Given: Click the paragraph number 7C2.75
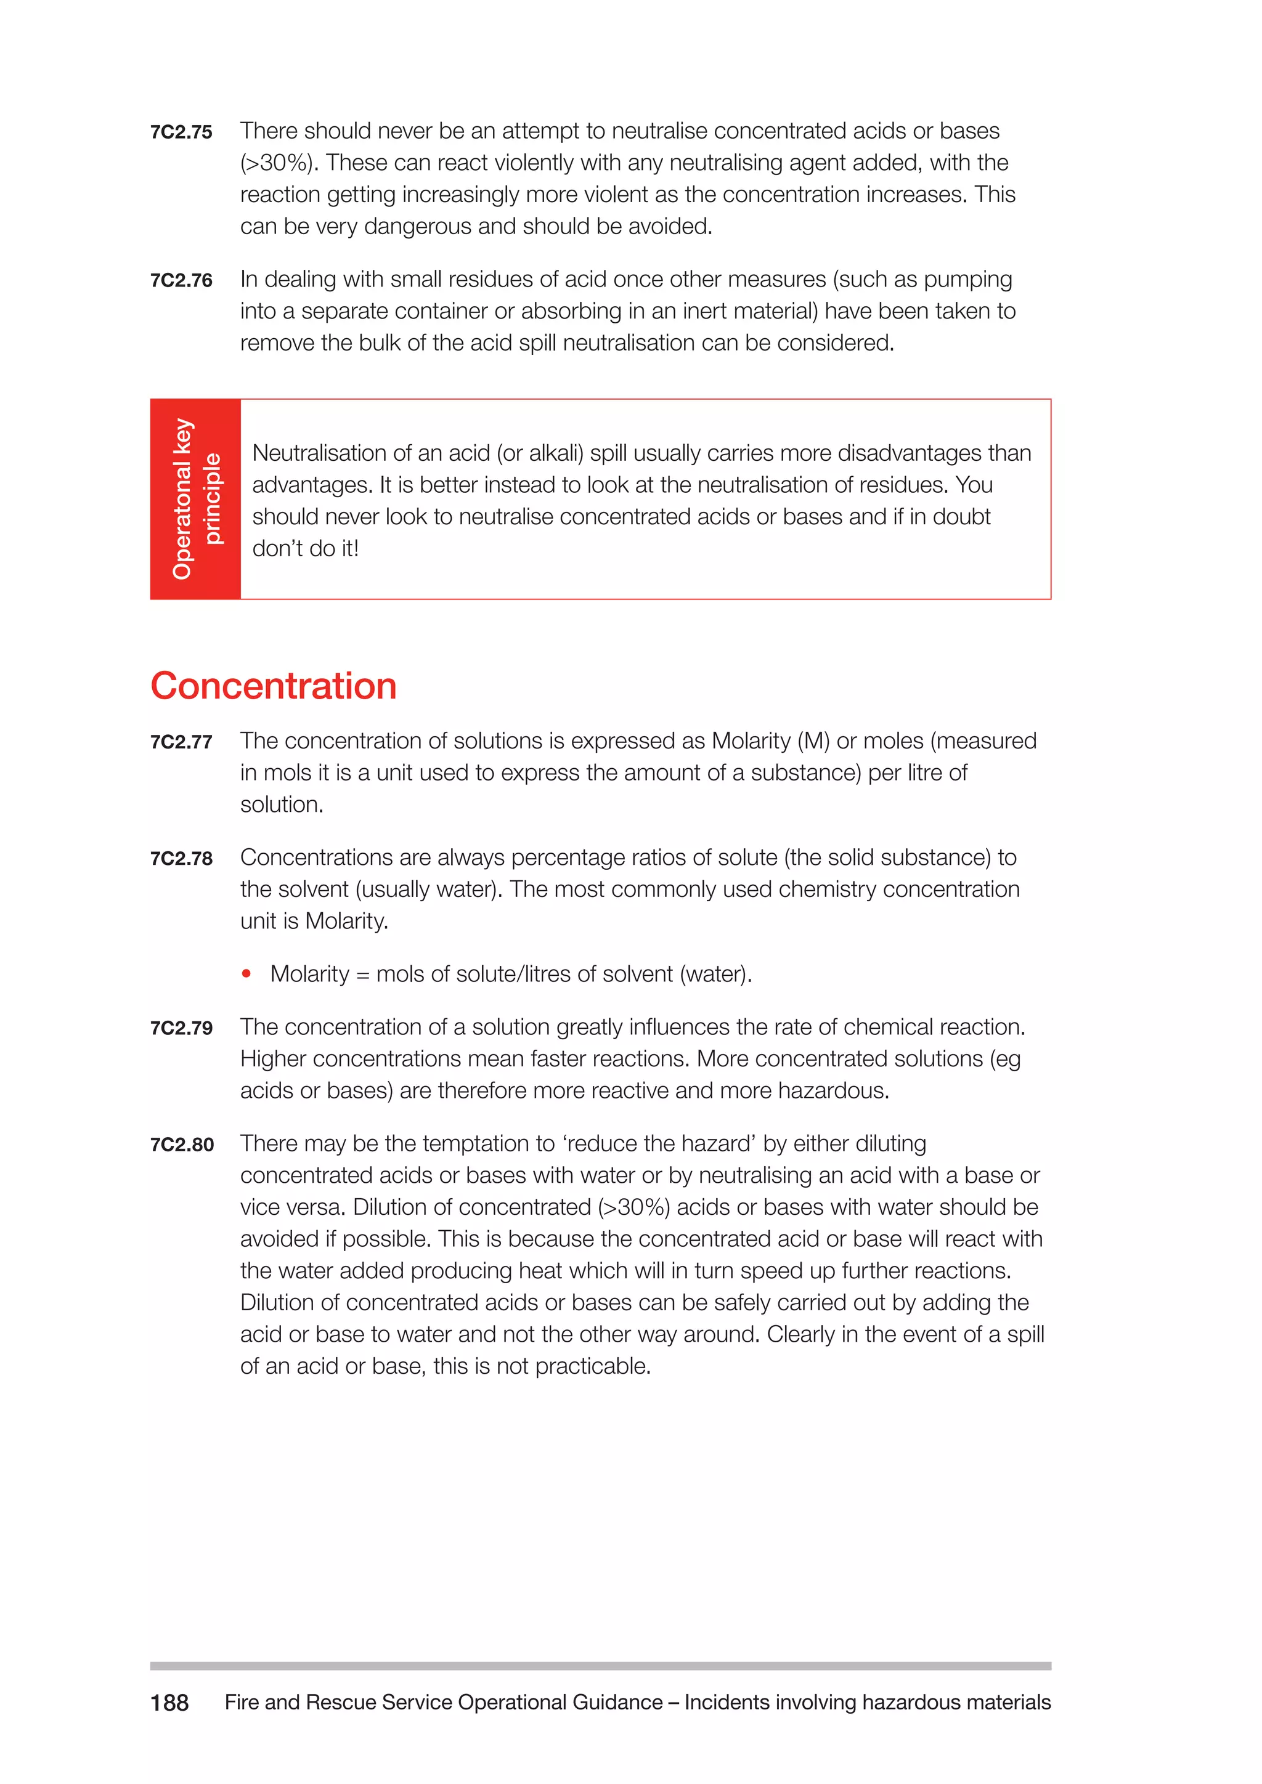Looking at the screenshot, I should click(181, 132).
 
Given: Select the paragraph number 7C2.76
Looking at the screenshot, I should click(181, 280).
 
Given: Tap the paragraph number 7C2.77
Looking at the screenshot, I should click(181, 742).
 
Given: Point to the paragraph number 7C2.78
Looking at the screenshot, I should click(181, 859).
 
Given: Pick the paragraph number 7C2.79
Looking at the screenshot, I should click(181, 1028).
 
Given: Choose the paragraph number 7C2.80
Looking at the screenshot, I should click(182, 1145).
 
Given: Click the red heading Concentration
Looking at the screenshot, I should click(274, 686).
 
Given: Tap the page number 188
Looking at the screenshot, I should click(169, 1703).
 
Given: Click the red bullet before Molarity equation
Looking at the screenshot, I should click(246, 973).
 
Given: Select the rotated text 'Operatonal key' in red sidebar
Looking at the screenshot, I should click(182, 499).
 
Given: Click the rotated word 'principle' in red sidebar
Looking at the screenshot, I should click(211, 499).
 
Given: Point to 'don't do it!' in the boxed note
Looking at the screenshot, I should click(306, 548).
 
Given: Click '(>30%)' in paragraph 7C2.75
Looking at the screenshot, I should click(279, 163).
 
